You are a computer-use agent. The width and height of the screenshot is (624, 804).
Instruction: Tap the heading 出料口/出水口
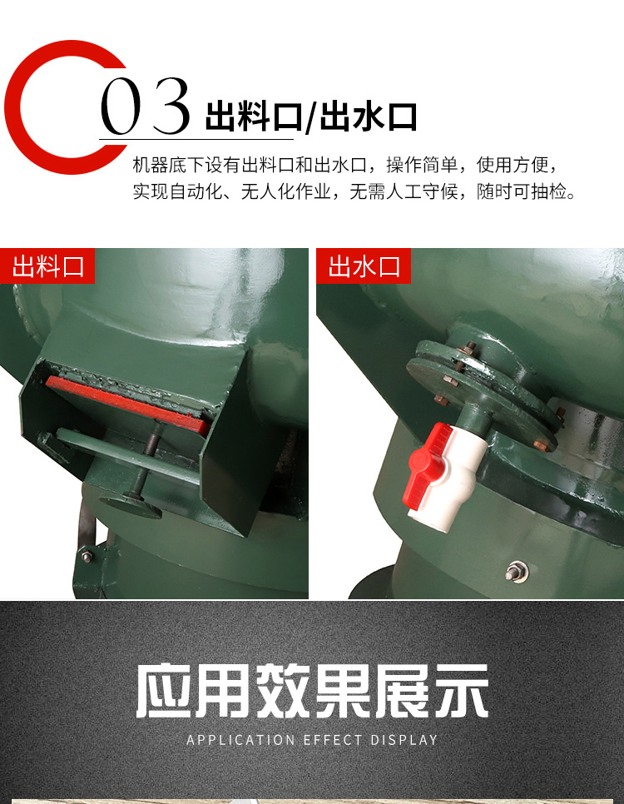[x=310, y=117]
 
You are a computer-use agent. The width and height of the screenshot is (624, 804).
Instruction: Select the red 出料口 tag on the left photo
[x=47, y=266]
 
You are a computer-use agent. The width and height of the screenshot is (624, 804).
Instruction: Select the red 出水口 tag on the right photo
[x=364, y=266]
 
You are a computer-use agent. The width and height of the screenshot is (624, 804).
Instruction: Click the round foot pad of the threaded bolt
[x=131, y=504]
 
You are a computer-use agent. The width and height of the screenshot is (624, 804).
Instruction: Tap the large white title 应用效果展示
[x=312, y=691]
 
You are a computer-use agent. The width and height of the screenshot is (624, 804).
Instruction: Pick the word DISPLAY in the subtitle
[x=404, y=740]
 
